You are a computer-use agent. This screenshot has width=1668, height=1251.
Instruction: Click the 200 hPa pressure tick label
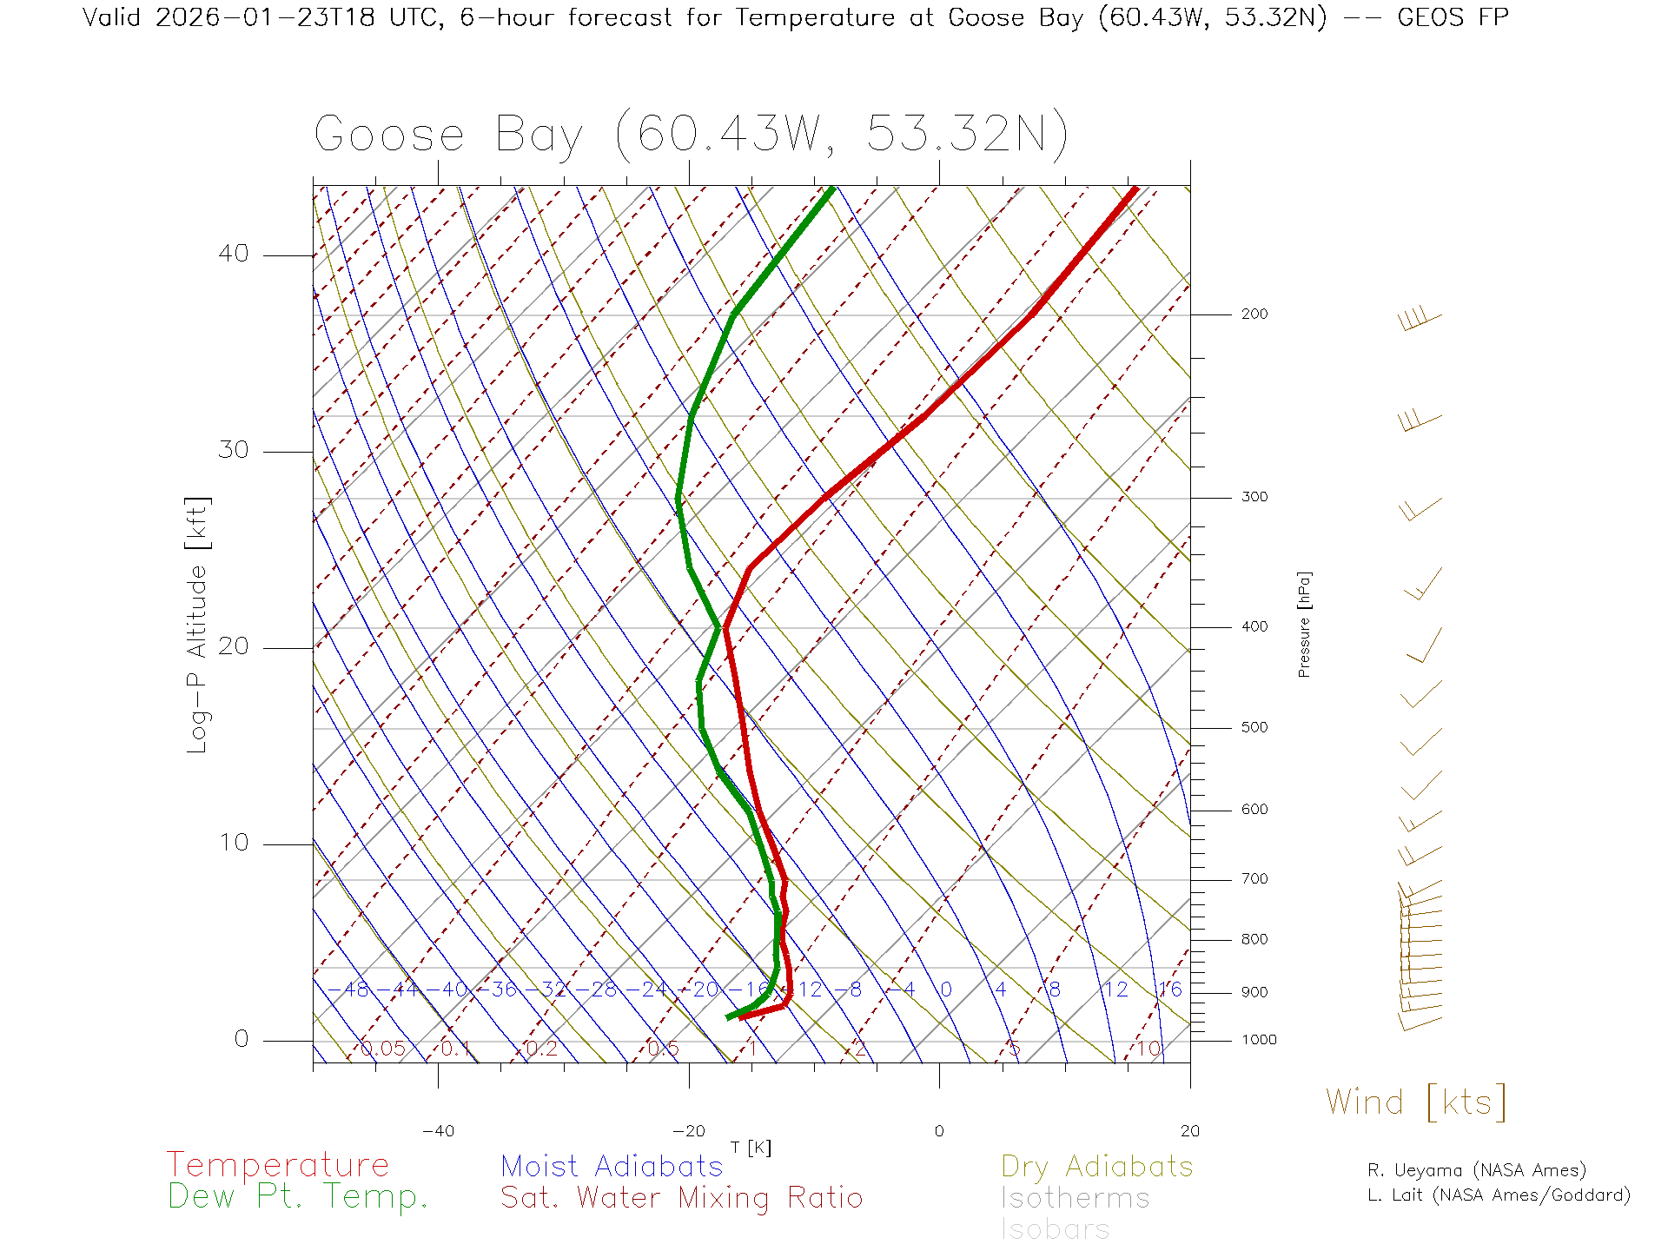[x=1254, y=314]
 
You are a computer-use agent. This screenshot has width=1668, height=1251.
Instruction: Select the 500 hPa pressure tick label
[x=1254, y=727]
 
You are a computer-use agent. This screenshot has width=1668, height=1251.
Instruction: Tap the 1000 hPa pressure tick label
[x=1259, y=1040]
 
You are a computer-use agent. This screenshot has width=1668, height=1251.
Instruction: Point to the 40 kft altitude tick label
[x=234, y=254]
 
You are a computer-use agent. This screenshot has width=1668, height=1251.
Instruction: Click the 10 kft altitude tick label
[x=234, y=843]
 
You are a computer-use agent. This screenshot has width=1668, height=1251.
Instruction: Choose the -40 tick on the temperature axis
[x=438, y=1131]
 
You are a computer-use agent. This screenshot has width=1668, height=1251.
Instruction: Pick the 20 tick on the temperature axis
[x=1189, y=1131]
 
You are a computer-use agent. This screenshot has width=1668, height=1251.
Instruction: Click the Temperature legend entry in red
[x=278, y=1164]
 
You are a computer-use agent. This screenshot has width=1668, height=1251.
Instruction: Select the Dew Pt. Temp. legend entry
[x=298, y=1197]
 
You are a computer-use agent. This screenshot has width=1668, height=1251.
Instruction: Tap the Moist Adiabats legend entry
[x=612, y=1166]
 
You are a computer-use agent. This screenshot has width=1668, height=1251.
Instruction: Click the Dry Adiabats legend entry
[x=1097, y=1166]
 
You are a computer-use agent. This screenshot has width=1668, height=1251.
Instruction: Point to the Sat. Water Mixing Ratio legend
[x=682, y=1198]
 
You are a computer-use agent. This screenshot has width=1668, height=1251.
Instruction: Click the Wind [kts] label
[x=1416, y=1102]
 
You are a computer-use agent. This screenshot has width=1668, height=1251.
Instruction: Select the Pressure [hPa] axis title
[x=1304, y=624]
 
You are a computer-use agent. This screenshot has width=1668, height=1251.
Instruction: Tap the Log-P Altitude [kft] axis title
[x=198, y=625]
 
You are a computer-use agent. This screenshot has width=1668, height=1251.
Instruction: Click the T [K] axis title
[x=751, y=1148]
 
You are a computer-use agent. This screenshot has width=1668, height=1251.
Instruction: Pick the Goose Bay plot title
[x=691, y=135]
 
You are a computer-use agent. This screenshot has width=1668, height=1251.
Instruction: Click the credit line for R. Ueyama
[x=1477, y=1170]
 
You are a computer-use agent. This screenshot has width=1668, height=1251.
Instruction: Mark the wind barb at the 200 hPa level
[x=1419, y=320]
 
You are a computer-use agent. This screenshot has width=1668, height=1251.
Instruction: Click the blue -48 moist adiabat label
[x=356, y=990]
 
